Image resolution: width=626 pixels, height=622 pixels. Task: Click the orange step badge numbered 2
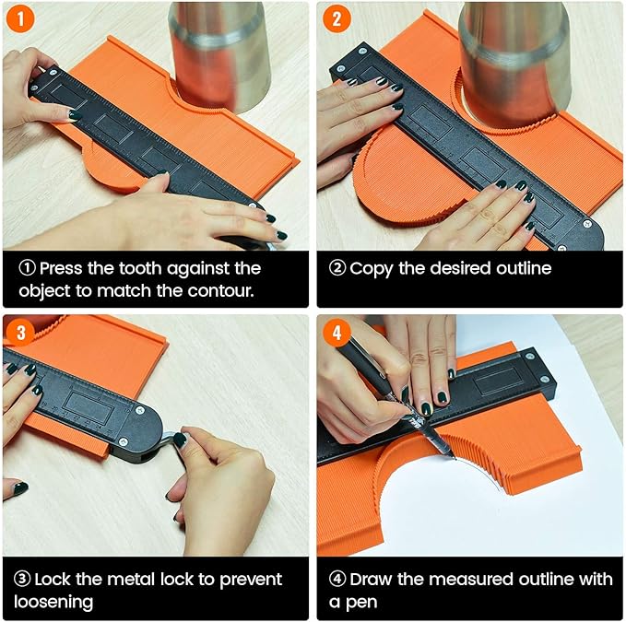click(335, 19)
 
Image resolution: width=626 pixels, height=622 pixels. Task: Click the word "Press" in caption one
click(63, 268)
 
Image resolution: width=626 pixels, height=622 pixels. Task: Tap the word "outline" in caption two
click(521, 268)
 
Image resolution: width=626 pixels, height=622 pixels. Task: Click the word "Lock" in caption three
click(57, 580)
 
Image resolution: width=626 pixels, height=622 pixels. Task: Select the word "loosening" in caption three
click(53, 602)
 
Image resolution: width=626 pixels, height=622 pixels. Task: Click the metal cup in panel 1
click(219, 51)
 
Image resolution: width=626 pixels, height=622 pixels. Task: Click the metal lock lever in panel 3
click(168, 442)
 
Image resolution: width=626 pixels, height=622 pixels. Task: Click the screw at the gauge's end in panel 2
click(587, 224)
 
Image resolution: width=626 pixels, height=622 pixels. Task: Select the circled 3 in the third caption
click(23, 580)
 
